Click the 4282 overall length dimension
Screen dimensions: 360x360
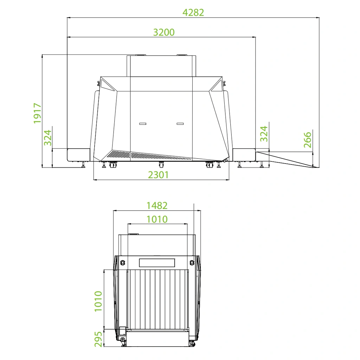pos(193,13)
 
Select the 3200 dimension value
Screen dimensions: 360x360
pos(164,32)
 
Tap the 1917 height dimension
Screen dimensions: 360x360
pos(37,113)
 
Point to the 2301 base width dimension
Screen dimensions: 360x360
pos(158,175)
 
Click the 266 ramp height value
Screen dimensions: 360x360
pos(307,140)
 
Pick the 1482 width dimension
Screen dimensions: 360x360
pos(157,206)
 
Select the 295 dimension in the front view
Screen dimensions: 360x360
pos(98,339)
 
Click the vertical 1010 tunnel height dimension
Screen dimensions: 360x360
pos(98,301)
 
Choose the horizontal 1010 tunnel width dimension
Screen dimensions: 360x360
pos(157,219)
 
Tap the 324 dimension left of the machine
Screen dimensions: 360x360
pos(48,138)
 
